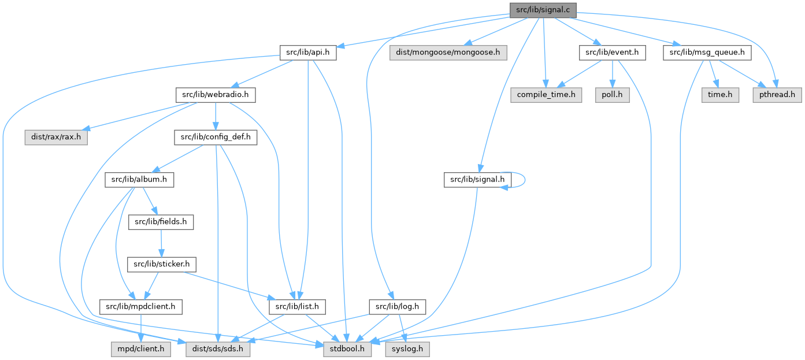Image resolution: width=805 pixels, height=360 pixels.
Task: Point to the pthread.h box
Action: pyautogui.click(x=777, y=94)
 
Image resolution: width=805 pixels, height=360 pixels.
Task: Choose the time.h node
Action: pyautogui.click(x=716, y=94)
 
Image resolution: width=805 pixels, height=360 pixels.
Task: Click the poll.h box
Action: pyautogui.click(x=611, y=94)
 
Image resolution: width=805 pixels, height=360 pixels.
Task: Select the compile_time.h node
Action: pyautogui.click(x=546, y=94)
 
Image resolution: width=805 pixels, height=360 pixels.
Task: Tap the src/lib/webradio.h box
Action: pyautogui.click(x=216, y=94)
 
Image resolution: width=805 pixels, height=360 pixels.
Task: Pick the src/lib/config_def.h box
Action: pyautogui.click(x=216, y=138)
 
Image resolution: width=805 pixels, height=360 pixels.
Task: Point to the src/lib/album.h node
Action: pyautogui.click(x=139, y=180)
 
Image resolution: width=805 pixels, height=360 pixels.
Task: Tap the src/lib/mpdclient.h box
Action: pyautogui.click(x=141, y=306)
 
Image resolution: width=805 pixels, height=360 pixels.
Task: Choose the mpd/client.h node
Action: pyautogui.click(x=138, y=349)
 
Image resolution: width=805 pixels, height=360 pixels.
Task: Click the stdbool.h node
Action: pyautogui.click(x=347, y=349)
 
